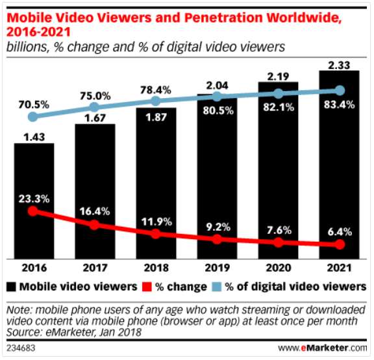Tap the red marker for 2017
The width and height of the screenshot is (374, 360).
tap(95, 225)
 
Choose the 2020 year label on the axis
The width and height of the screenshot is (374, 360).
tap(279, 268)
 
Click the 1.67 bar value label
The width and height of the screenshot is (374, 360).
tap(95, 116)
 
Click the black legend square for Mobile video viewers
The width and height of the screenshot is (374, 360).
tap(14, 286)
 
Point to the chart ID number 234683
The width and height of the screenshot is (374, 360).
tap(20, 350)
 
